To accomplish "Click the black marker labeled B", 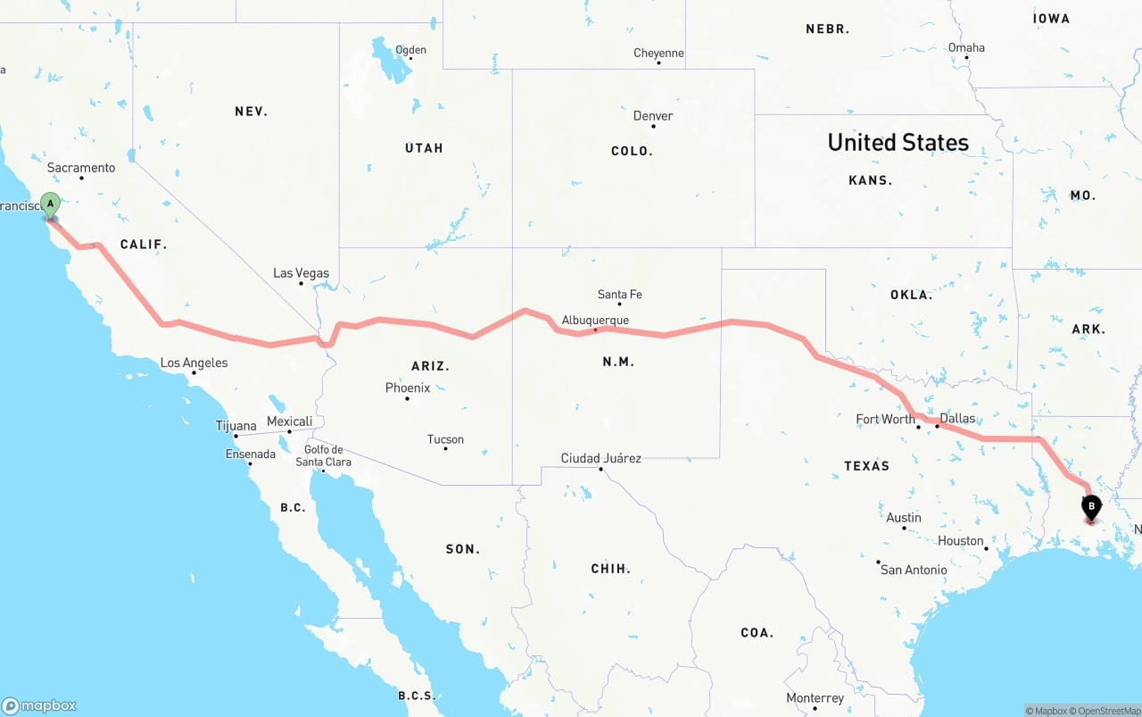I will click(1090, 507).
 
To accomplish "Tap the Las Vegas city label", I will click(301, 273).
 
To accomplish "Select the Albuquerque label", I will click(595, 321).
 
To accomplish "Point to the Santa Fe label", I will click(619, 295).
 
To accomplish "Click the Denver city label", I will click(653, 116).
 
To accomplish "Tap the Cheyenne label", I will click(658, 54).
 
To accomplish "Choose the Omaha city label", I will click(966, 48).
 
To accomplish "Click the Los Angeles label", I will click(194, 363).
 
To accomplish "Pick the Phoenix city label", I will click(408, 388).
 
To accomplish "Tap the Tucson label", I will click(445, 439).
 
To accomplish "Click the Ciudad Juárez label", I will click(600, 459).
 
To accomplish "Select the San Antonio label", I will click(914, 570).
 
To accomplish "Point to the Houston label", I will click(960, 541).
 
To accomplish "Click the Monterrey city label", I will click(815, 698).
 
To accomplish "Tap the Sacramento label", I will click(81, 168).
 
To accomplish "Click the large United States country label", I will click(898, 143).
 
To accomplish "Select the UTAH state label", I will click(424, 148).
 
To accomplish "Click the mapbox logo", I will click(39, 705).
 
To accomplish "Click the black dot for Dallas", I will click(938, 426).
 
